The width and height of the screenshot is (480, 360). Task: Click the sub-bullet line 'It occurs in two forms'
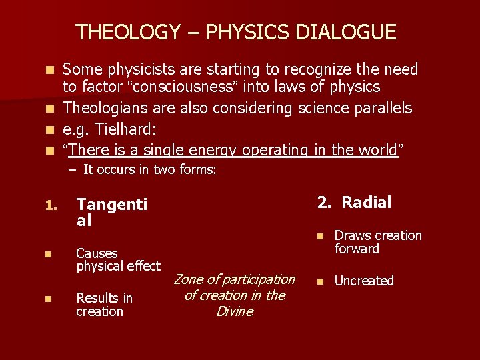[x=143, y=169]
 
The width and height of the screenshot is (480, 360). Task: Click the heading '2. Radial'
[x=354, y=203]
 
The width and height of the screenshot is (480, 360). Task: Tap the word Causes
[x=97, y=253]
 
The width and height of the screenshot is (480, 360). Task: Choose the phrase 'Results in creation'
[x=104, y=305]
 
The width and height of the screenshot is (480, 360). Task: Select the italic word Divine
[x=235, y=311]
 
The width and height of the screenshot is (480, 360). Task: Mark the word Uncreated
[x=364, y=281]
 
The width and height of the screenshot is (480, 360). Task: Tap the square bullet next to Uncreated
[x=320, y=281]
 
